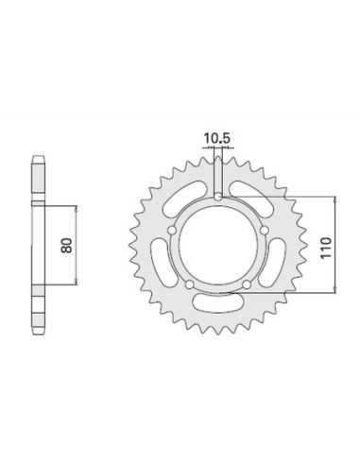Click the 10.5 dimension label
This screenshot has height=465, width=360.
[x=217, y=138]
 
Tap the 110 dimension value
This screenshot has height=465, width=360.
[x=326, y=248]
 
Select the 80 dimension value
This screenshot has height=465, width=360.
[x=67, y=246]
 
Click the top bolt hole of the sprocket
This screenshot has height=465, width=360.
[x=218, y=198]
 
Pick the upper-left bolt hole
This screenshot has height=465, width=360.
[x=172, y=231]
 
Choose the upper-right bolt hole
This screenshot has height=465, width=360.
[x=265, y=231]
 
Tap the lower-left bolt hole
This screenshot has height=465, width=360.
[x=189, y=285]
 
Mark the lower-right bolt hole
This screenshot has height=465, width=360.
[x=247, y=285]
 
